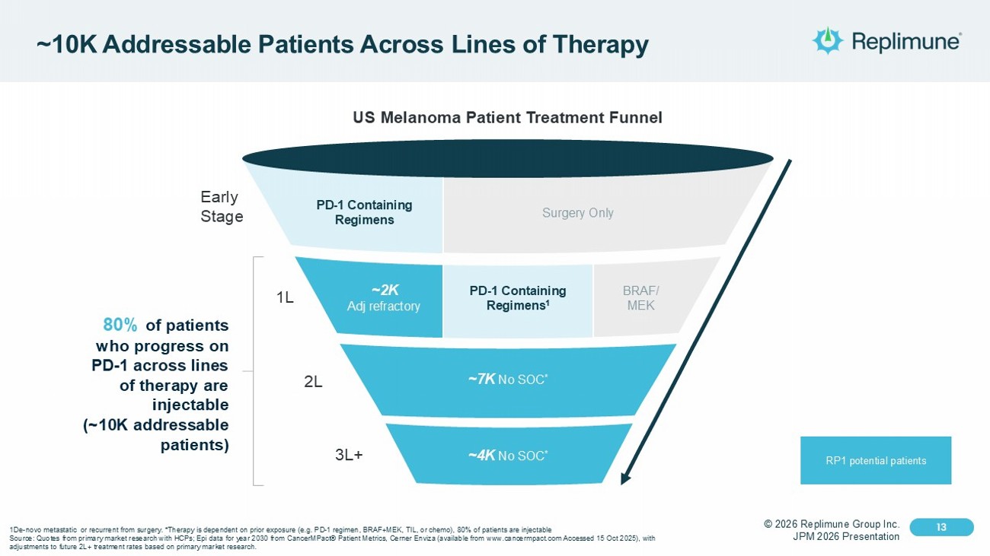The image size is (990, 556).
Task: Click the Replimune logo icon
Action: pos(827,40)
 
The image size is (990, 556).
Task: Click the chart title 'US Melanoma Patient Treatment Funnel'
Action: pos(507,118)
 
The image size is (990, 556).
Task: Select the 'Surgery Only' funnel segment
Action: pos(577,213)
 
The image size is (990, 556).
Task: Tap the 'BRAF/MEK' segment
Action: pos(640,298)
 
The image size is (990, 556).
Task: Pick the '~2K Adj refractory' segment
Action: pos(385,297)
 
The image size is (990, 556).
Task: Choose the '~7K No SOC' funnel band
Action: pos(508,379)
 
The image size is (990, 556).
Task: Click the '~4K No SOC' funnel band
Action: pos(508,455)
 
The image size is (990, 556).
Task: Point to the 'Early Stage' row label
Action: pos(221,207)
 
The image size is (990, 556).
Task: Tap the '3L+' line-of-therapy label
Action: pos(349,456)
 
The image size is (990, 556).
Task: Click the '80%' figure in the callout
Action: pos(120,326)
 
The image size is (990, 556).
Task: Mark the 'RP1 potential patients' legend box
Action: pos(875,460)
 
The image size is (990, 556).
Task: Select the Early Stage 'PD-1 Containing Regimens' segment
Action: pos(364,212)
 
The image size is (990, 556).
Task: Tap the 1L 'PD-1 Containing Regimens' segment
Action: pos(517,297)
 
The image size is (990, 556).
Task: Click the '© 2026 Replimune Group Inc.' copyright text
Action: pos(832,524)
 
